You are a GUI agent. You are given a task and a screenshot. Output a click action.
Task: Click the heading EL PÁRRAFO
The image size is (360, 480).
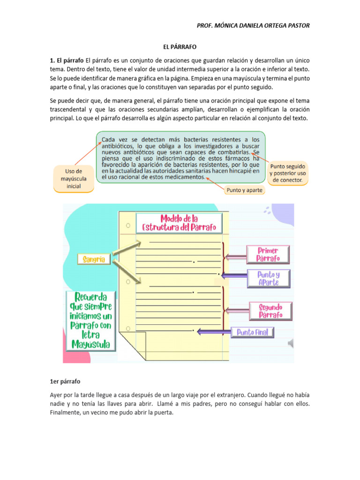(x=180, y=47)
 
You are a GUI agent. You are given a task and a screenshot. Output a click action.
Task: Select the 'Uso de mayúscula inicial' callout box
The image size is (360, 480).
(x=74, y=179)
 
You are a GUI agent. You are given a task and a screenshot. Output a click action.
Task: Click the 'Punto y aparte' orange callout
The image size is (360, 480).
(x=244, y=190)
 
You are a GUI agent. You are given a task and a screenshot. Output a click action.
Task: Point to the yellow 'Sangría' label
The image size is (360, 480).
(x=94, y=259)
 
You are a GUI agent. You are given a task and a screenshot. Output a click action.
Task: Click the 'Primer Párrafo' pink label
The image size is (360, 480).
(x=268, y=255)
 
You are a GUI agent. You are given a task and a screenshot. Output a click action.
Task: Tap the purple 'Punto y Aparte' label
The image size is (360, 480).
(x=268, y=278)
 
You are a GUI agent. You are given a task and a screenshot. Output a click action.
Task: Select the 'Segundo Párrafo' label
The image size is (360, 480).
(x=271, y=311)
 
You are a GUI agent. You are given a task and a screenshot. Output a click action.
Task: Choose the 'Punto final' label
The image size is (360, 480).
(x=253, y=332)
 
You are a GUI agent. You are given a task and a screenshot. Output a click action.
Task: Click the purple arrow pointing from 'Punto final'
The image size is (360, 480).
(x=213, y=332)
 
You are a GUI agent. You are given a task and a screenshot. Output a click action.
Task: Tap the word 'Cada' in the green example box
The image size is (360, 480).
(x=109, y=140)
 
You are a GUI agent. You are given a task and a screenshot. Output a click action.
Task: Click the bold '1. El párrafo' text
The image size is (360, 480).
(x=67, y=61)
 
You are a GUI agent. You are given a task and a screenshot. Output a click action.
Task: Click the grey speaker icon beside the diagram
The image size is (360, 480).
(x=291, y=344)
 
